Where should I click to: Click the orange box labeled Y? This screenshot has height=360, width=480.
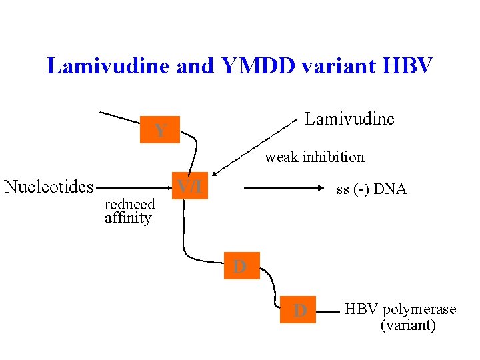coord(160,131)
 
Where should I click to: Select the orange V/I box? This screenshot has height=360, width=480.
coord(191,187)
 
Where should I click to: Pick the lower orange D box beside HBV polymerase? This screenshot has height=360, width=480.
coord(297,310)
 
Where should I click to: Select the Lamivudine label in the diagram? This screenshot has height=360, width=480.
coord(349,119)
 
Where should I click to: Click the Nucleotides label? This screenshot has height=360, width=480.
coord(49,187)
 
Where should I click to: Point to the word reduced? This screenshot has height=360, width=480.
coord(129,204)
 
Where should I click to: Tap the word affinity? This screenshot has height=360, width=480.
coord(128,218)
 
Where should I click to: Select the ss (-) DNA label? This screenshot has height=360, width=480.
coord(371,189)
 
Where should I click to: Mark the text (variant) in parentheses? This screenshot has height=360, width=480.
coord(408,325)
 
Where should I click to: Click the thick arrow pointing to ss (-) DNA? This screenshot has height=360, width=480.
coord(287,189)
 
